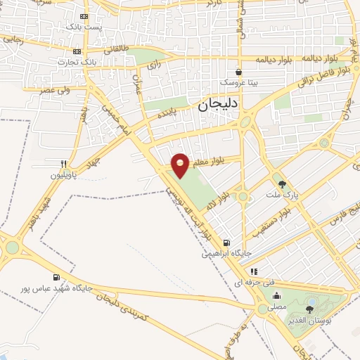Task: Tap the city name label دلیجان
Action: point(220,105)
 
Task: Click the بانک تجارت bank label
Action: point(78,61)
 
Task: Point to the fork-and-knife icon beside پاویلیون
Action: point(64,163)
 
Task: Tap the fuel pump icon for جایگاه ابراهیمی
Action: point(223,243)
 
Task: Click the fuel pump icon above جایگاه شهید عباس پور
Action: point(56,277)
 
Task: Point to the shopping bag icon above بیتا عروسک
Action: point(239,71)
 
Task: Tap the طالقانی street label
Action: point(117,49)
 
